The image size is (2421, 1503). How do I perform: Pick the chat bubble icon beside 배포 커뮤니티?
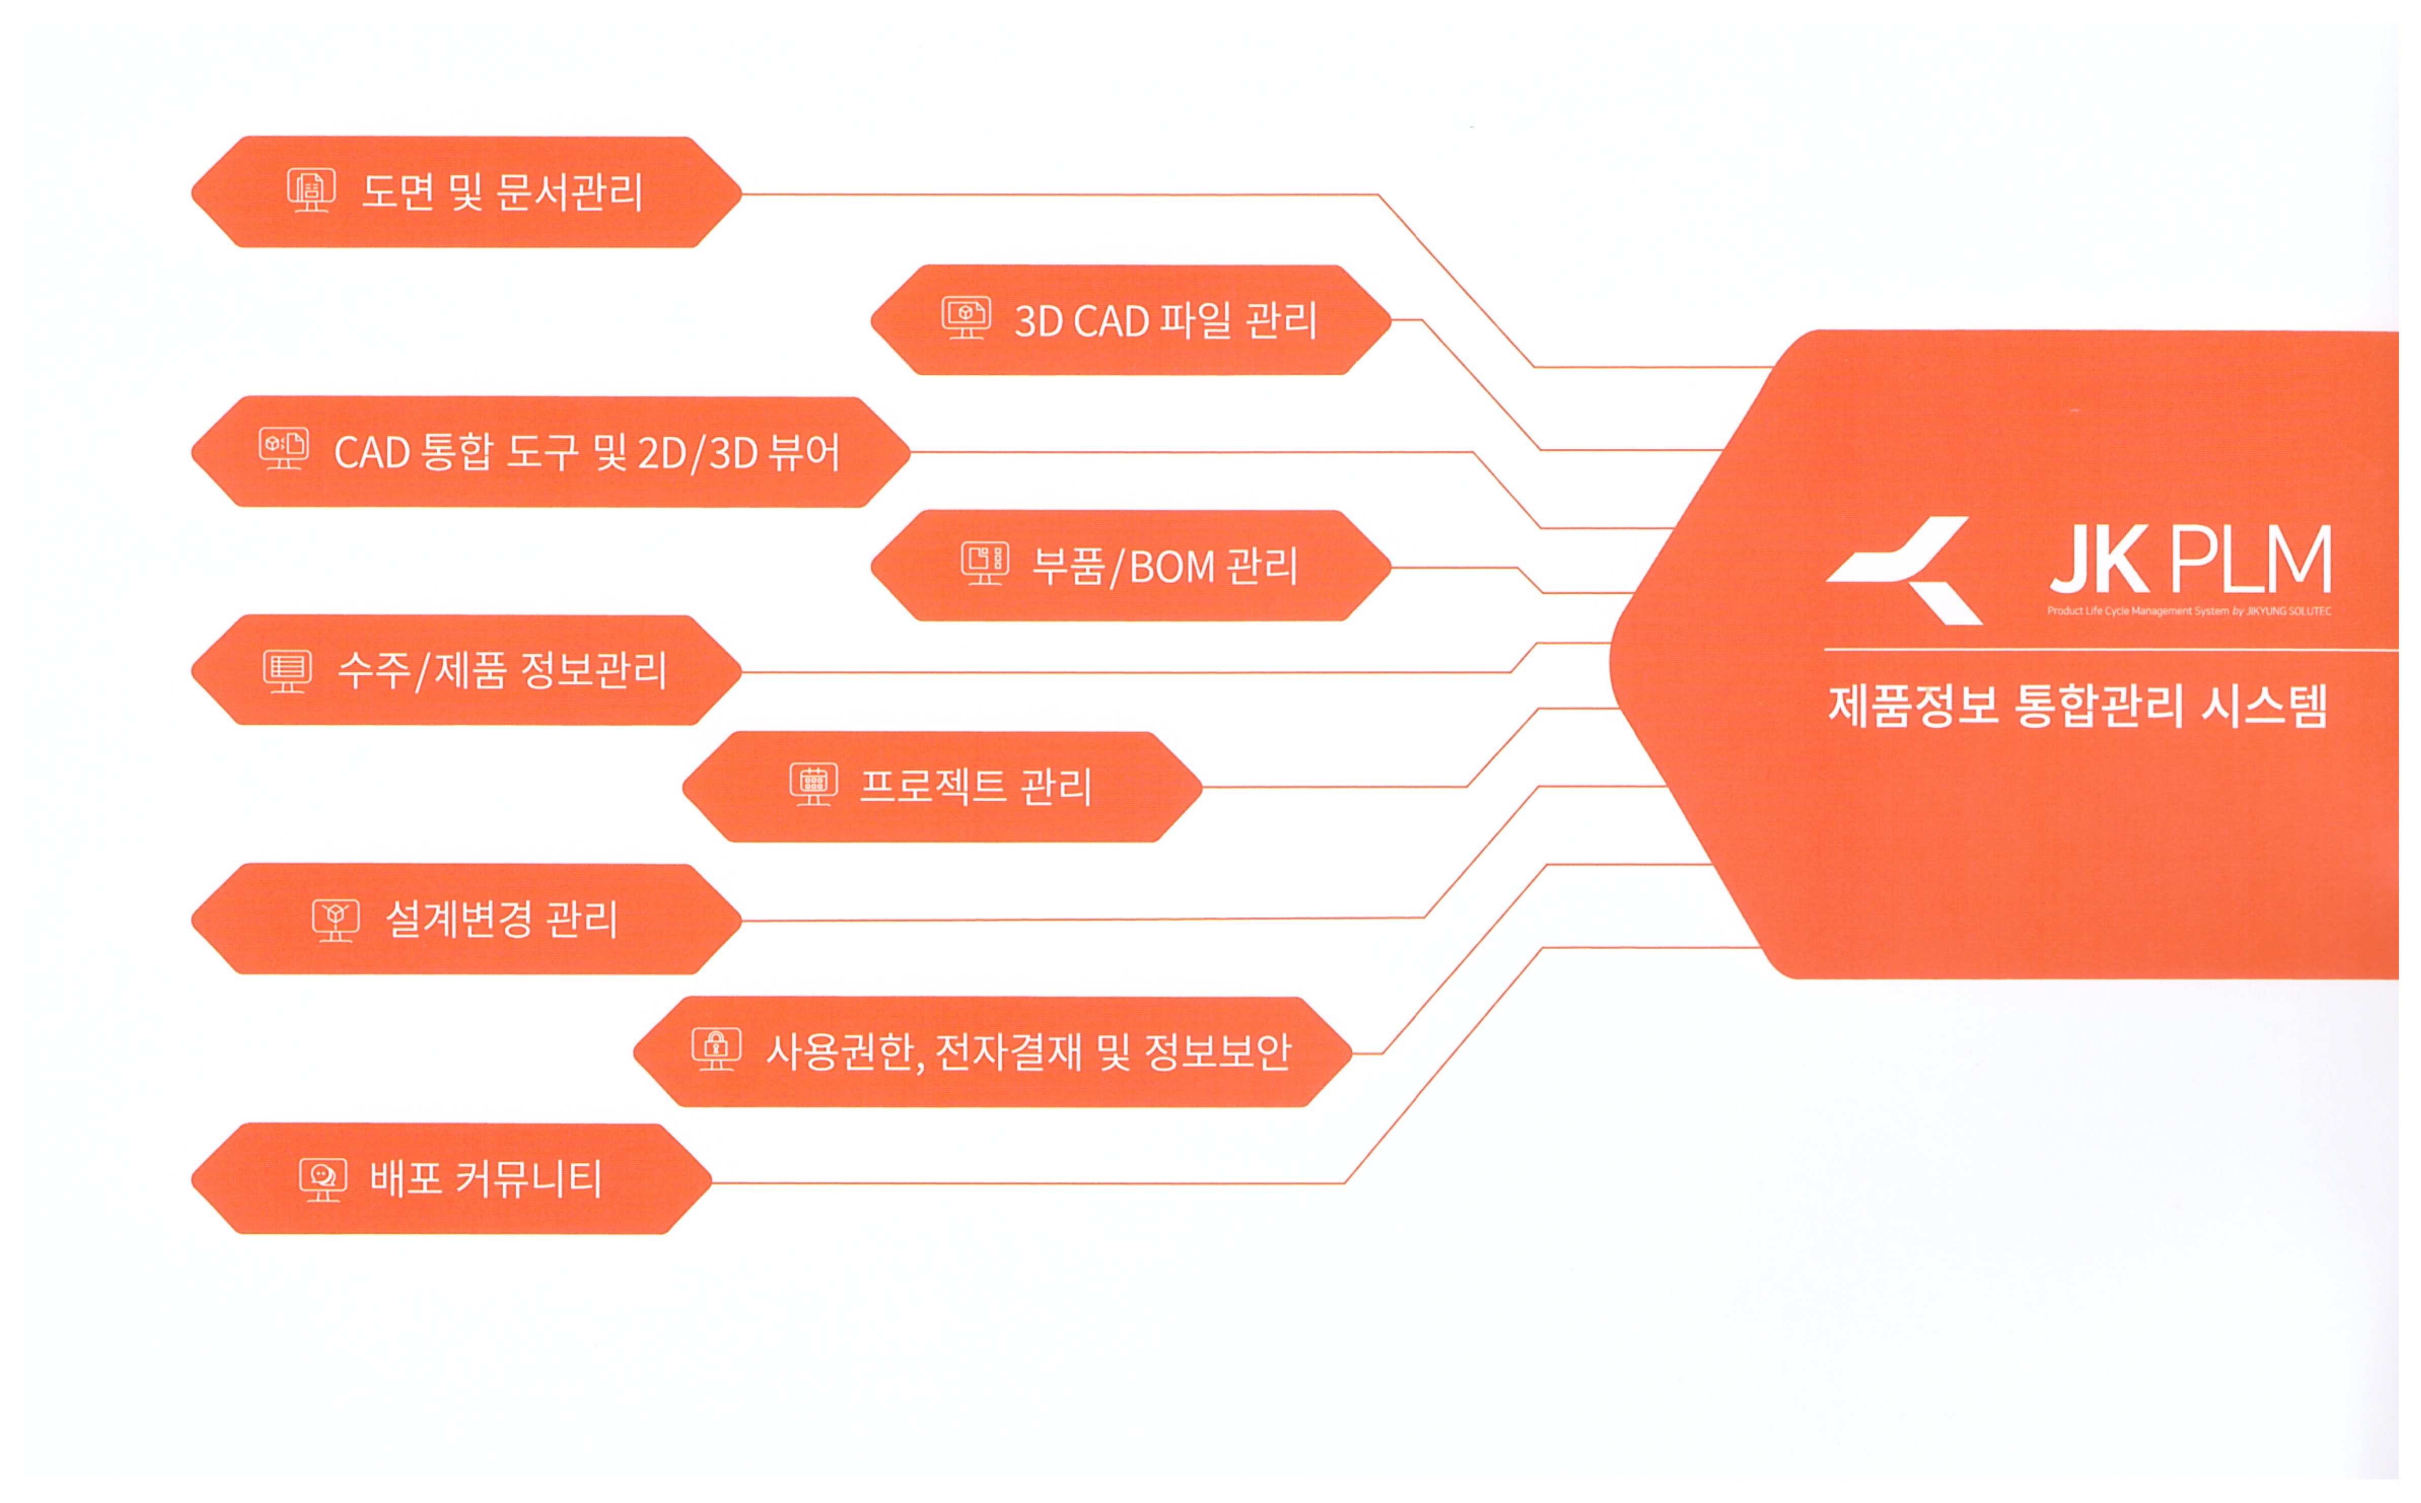323,1179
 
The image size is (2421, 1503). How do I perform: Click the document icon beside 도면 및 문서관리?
311,190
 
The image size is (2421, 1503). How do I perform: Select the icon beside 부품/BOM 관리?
985,564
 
